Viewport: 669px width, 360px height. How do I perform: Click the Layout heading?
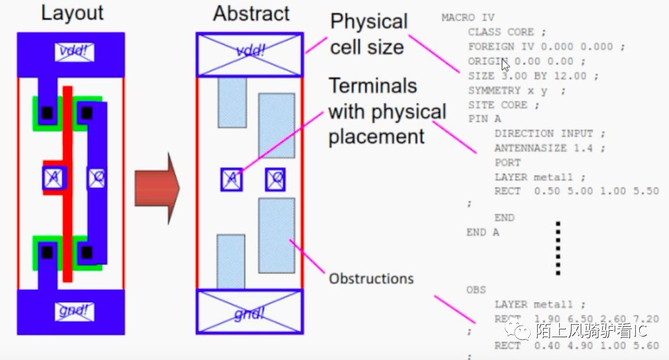point(72,12)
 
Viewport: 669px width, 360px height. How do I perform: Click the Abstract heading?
point(251,13)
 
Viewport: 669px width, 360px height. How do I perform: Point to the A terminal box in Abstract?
point(232,179)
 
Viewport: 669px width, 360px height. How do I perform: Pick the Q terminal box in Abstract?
point(275,179)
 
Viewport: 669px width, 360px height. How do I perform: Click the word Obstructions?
point(371,279)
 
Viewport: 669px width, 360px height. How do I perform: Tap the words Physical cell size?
point(369,34)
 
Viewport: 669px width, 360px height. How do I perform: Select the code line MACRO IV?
point(467,18)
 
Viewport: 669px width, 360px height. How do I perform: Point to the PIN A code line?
point(485,119)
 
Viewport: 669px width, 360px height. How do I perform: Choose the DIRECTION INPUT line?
point(549,133)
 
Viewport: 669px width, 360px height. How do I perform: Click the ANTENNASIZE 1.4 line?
point(549,148)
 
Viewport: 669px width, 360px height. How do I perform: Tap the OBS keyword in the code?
point(476,289)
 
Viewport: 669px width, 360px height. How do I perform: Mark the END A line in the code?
point(483,232)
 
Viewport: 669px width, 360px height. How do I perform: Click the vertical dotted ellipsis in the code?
point(557,248)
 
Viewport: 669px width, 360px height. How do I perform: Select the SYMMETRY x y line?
point(516,90)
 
